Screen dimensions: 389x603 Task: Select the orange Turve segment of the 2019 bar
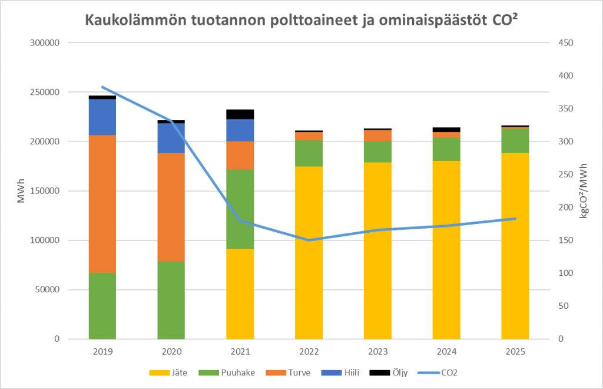click(x=102, y=204)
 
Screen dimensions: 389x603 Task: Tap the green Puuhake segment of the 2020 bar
click(x=171, y=300)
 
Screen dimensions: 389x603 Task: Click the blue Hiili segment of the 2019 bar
click(x=102, y=117)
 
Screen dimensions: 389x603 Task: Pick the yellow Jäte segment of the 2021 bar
click(x=240, y=294)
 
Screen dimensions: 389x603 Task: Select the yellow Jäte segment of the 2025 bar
click(x=515, y=246)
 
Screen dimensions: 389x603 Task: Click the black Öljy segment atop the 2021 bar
click(x=240, y=114)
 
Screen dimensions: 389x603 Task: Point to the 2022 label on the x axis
click(x=309, y=352)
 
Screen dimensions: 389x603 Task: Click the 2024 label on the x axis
click(x=446, y=352)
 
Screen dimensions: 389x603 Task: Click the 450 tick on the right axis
click(x=564, y=43)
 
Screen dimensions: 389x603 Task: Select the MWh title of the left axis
click(x=21, y=191)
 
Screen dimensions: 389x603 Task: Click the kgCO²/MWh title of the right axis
click(x=584, y=191)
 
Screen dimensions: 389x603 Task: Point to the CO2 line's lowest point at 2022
click(x=309, y=240)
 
